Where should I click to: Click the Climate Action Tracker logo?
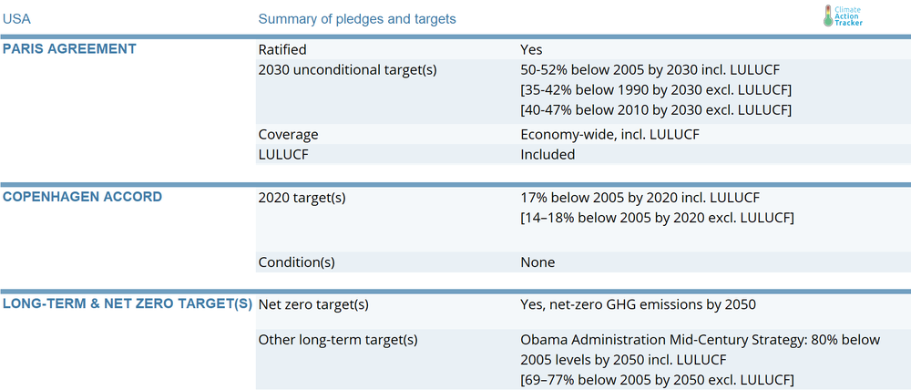pyautogui.click(x=843, y=15)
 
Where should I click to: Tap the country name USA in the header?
pyautogui.click(x=16, y=19)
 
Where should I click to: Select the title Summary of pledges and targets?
pyautogui.click(x=357, y=19)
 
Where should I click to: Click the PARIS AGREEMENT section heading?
pyautogui.click(x=70, y=49)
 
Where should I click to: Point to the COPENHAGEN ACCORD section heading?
pyautogui.click(x=83, y=197)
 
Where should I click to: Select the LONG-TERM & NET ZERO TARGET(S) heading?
pyautogui.click(x=128, y=303)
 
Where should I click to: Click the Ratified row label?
pyautogui.click(x=282, y=50)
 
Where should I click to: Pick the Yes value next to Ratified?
pyautogui.click(x=532, y=50)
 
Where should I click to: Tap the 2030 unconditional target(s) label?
pyautogui.click(x=347, y=70)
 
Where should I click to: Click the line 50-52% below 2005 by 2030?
pyautogui.click(x=650, y=70)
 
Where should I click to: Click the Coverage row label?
pyautogui.click(x=288, y=135)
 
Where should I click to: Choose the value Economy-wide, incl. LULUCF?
pyautogui.click(x=610, y=135)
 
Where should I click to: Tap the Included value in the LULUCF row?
pyautogui.click(x=548, y=155)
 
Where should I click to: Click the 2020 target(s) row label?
pyautogui.click(x=302, y=198)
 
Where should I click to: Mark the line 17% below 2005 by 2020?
pyautogui.click(x=640, y=198)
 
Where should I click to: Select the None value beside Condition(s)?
pyautogui.click(x=537, y=262)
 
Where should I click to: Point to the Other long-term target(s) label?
pyautogui.click(x=338, y=340)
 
